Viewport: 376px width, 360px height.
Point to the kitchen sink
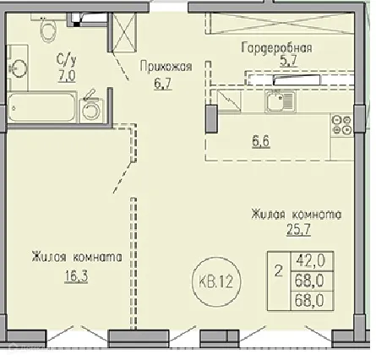coord(276,103)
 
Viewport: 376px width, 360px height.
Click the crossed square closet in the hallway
coord(124,33)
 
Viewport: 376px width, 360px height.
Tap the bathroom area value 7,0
coord(64,74)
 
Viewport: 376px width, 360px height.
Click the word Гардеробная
coord(276,47)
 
